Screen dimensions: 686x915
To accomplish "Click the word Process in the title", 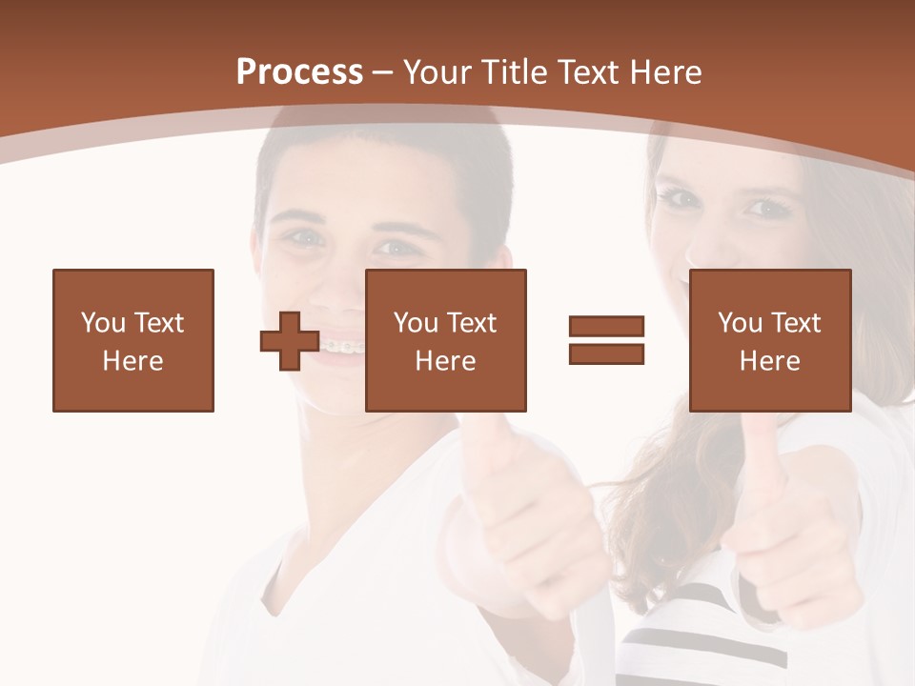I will [299, 72].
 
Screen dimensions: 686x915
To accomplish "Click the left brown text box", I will [133, 340].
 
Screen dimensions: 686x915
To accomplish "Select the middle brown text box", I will [446, 340].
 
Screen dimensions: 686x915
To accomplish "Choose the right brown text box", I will [770, 340].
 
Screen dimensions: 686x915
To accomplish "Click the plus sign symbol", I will [290, 341].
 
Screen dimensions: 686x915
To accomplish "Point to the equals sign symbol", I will [606, 340].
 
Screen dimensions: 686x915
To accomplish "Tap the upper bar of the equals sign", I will [606, 327].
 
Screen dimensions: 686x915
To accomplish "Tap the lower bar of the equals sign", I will [606, 353].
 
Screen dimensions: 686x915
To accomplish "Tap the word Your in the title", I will [439, 72].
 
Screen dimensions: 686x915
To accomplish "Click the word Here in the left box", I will [133, 361].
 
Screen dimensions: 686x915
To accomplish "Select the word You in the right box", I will [739, 323].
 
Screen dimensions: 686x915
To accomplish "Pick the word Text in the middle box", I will [472, 323].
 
